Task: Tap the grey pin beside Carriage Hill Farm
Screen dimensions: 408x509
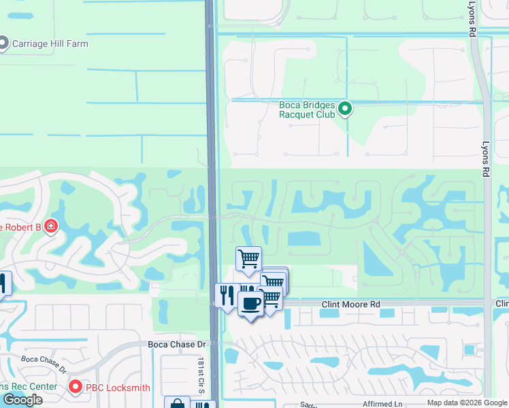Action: click(3, 44)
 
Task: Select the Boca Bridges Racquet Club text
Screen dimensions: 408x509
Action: click(307, 109)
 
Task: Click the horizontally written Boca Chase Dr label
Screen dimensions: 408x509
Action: click(176, 345)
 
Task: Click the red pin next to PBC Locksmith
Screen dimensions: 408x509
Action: click(75, 388)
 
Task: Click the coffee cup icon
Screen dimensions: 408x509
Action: click(250, 303)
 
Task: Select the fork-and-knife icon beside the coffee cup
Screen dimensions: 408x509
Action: click(227, 295)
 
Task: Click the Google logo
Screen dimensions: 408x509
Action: click(22, 399)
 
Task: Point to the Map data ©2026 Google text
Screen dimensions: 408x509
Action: click(467, 403)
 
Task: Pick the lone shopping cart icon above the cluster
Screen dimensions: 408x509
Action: click(248, 258)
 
